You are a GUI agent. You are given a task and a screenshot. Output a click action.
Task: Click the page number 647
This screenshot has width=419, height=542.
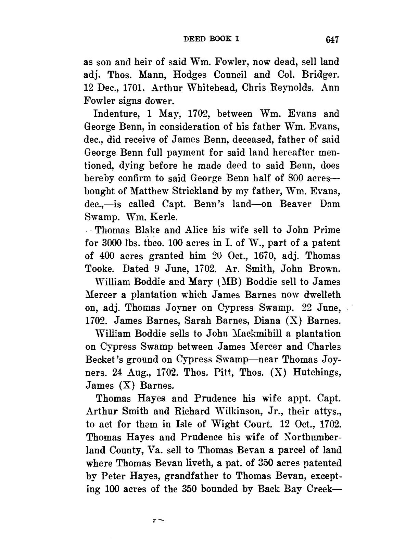click(x=332, y=40)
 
